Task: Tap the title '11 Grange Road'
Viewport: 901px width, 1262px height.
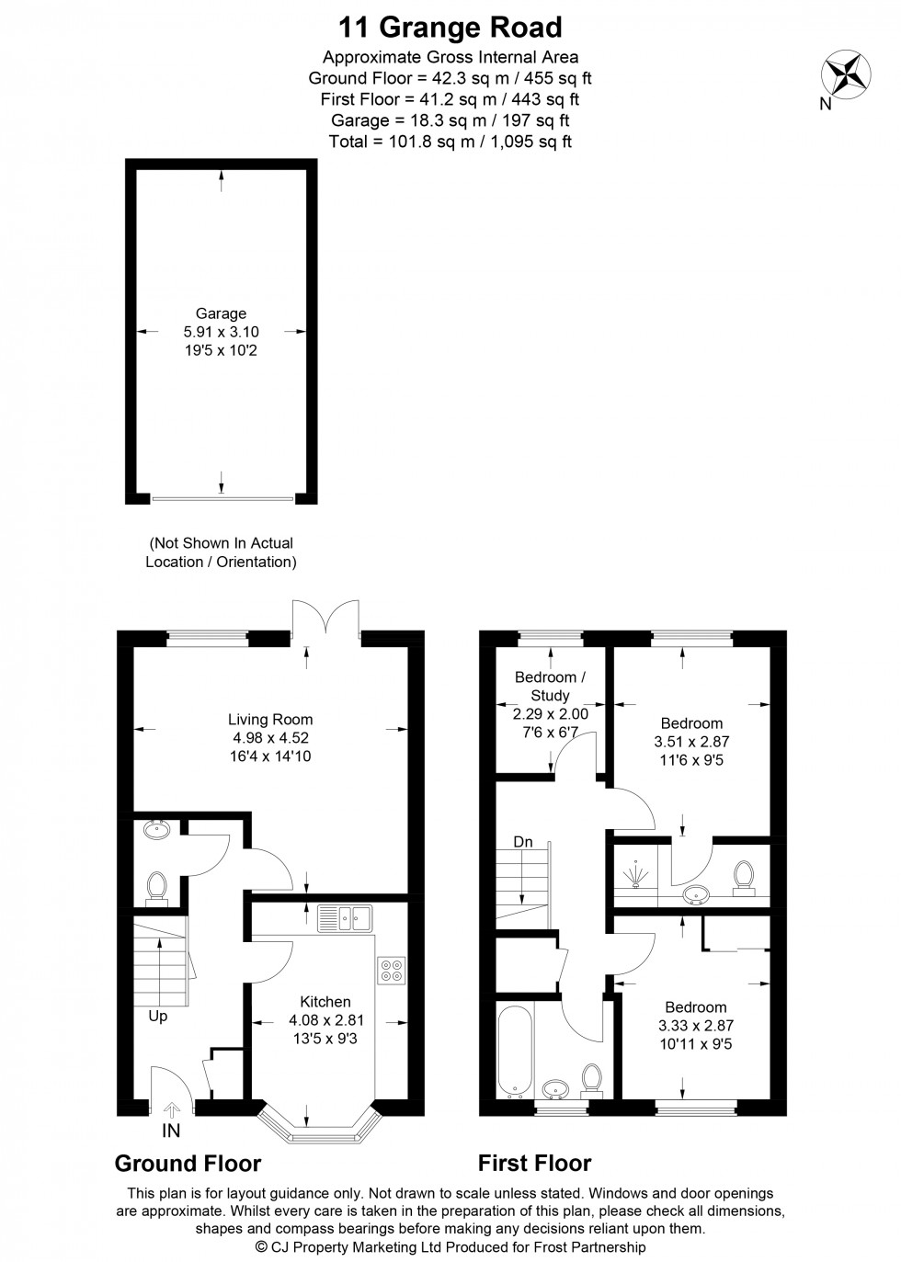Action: pyautogui.click(x=450, y=27)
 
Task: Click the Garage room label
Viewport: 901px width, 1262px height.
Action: pyautogui.click(x=221, y=313)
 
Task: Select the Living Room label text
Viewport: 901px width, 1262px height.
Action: pyautogui.click(x=270, y=720)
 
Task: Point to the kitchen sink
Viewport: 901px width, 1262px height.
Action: pyautogui.click(x=343, y=916)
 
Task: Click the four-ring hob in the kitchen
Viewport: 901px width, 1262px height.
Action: pyautogui.click(x=391, y=971)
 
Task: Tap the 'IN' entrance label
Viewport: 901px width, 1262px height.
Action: pyautogui.click(x=171, y=1131)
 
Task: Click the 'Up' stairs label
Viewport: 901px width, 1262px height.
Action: pyautogui.click(x=157, y=1017)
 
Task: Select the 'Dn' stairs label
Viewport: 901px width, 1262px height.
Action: pyautogui.click(x=522, y=842)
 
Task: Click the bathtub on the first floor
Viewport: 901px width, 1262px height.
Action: pyautogui.click(x=511, y=1050)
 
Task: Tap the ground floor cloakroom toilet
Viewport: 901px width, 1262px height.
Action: pyautogui.click(x=156, y=888)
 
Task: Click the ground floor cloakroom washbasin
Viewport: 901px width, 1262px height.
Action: pyautogui.click(x=156, y=830)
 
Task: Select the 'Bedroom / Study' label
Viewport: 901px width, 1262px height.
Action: pyautogui.click(x=550, y=687)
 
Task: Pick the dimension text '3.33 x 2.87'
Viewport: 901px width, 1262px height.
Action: pyautogui.click(x=696, y=1026)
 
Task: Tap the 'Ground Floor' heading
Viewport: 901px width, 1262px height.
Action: pyautogui.click(x=188, y=1164)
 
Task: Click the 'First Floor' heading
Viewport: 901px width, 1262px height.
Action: pyautogui.click(x=534, y=1164)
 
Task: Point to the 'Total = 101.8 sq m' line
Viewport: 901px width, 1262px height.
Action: pyautogui.click(x=450, y=142)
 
